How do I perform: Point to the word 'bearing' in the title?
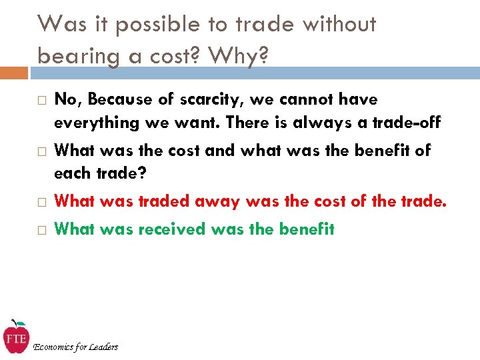click(x=74, y=57)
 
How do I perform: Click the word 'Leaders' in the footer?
click(x=103, y=347)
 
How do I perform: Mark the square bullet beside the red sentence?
click(x=41, y=201)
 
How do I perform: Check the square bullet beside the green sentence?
click(x=41, y=230)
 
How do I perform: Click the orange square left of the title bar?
click(x=14, y=71)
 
